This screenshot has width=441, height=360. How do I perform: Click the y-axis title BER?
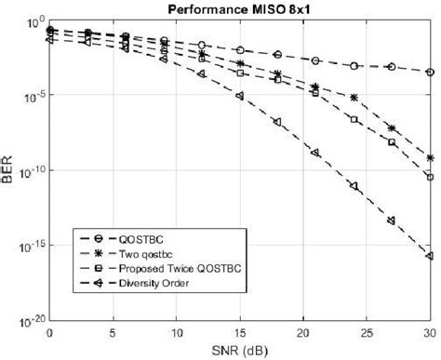8,171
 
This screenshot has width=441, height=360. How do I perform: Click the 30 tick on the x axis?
429,332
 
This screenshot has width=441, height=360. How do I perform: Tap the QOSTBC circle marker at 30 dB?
429,72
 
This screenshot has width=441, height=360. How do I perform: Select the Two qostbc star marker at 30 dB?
429,157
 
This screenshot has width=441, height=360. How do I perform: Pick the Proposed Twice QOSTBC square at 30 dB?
429,176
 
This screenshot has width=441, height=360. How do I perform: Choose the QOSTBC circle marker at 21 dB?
315,60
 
